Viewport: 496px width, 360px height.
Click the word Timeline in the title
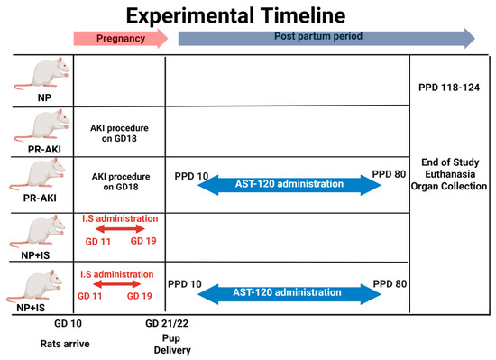click(x=303, y=15)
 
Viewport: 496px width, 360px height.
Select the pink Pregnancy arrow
click(x=121, y=38)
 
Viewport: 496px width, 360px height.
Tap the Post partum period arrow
click(x=326, y=38)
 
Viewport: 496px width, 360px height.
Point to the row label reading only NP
click(x=44, y=97)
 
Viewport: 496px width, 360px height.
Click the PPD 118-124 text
click(x=449, y=88)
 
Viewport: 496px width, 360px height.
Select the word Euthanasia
click(x=450, y=174)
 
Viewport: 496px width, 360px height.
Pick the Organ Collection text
click(x=449, y=187)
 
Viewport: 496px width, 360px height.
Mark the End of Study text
click(x=450, y=162)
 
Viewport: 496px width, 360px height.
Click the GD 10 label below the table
click(x=68, y=323)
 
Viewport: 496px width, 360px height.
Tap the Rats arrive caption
click(x=65, y=344)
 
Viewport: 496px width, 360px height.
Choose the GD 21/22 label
click(x=167, y=323)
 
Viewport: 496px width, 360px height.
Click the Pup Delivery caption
click(x=171, y=344)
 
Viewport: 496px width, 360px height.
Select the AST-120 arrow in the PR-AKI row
click(x=289, y=185)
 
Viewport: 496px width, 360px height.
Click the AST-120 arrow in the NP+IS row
click(x=289, y=294)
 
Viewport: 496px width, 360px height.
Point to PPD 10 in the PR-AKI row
click(x=191, y=176)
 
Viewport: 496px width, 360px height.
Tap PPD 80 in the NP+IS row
click(x=390, y=284)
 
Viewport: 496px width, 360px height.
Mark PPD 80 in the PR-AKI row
click(x=389, y=174)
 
